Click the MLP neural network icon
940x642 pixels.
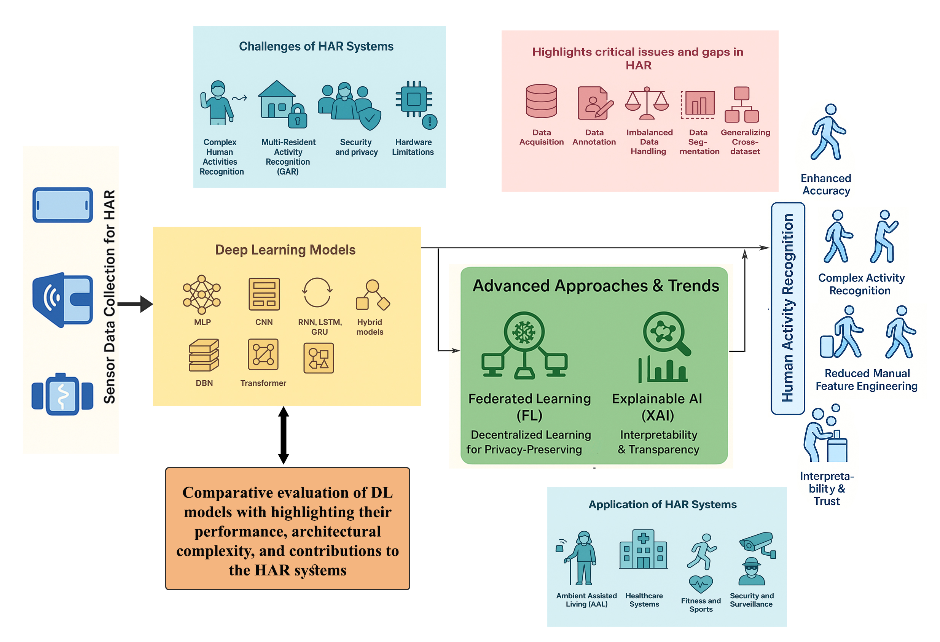pyautogui.click(x=202, y=295)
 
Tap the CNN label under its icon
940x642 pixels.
pyautogui.click(x=264, y=322)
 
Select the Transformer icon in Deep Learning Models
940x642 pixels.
pyautogui.click(x=263, y=354)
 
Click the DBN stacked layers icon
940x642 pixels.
pyautogui.click(x=204, y=355)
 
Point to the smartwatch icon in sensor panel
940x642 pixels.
pyautogui.click(x=63, y=394)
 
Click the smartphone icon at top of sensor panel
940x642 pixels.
pyautogui.click(x=63, y=205)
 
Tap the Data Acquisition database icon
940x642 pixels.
pyautogui.click(x=541, y=101)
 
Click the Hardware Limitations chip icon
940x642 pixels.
pyautogui.click(x=414, y=100)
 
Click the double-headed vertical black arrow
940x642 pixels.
pyautogui.click(x=284, y=435)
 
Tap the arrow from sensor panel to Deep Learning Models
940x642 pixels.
pyautogui.click(x=135, y=304)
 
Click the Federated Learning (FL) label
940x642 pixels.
pyautogui.click(x=529, y=407)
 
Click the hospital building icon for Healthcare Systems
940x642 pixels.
pyautogui.click(x=643, y=550)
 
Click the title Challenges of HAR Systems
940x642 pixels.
pyautogui.click(x=316, y=46)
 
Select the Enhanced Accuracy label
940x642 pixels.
pyautogui.click(x=826, y=184)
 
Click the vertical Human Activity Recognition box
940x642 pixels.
pyautogui.click(x=787, y=308)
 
